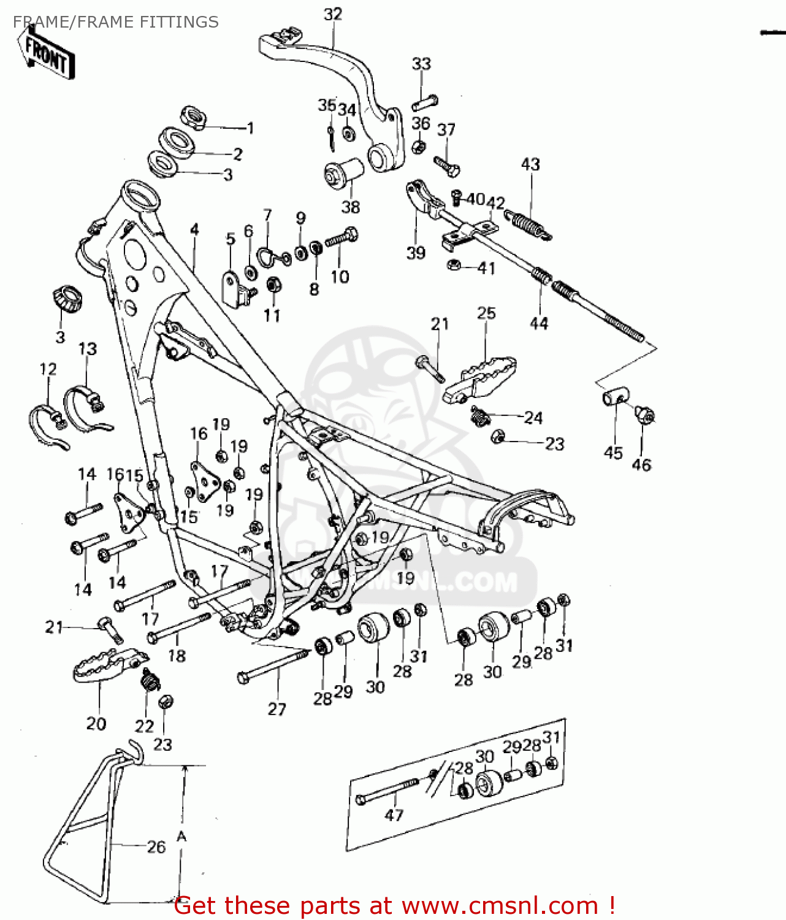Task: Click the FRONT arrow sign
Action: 48,54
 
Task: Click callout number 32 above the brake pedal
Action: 333,13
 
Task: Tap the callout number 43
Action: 530,164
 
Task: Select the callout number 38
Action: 351,207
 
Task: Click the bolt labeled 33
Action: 424,101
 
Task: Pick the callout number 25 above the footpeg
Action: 486,313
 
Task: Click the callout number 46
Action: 641,465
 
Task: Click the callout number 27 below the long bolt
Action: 277,709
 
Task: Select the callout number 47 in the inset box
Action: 394,815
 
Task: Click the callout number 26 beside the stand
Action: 156,847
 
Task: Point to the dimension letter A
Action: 181,837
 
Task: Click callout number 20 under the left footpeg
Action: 96,724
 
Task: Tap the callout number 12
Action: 48,369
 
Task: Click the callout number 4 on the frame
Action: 194,230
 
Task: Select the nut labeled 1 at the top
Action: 193,117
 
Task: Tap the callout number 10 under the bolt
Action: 340,277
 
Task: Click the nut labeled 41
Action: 454,265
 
